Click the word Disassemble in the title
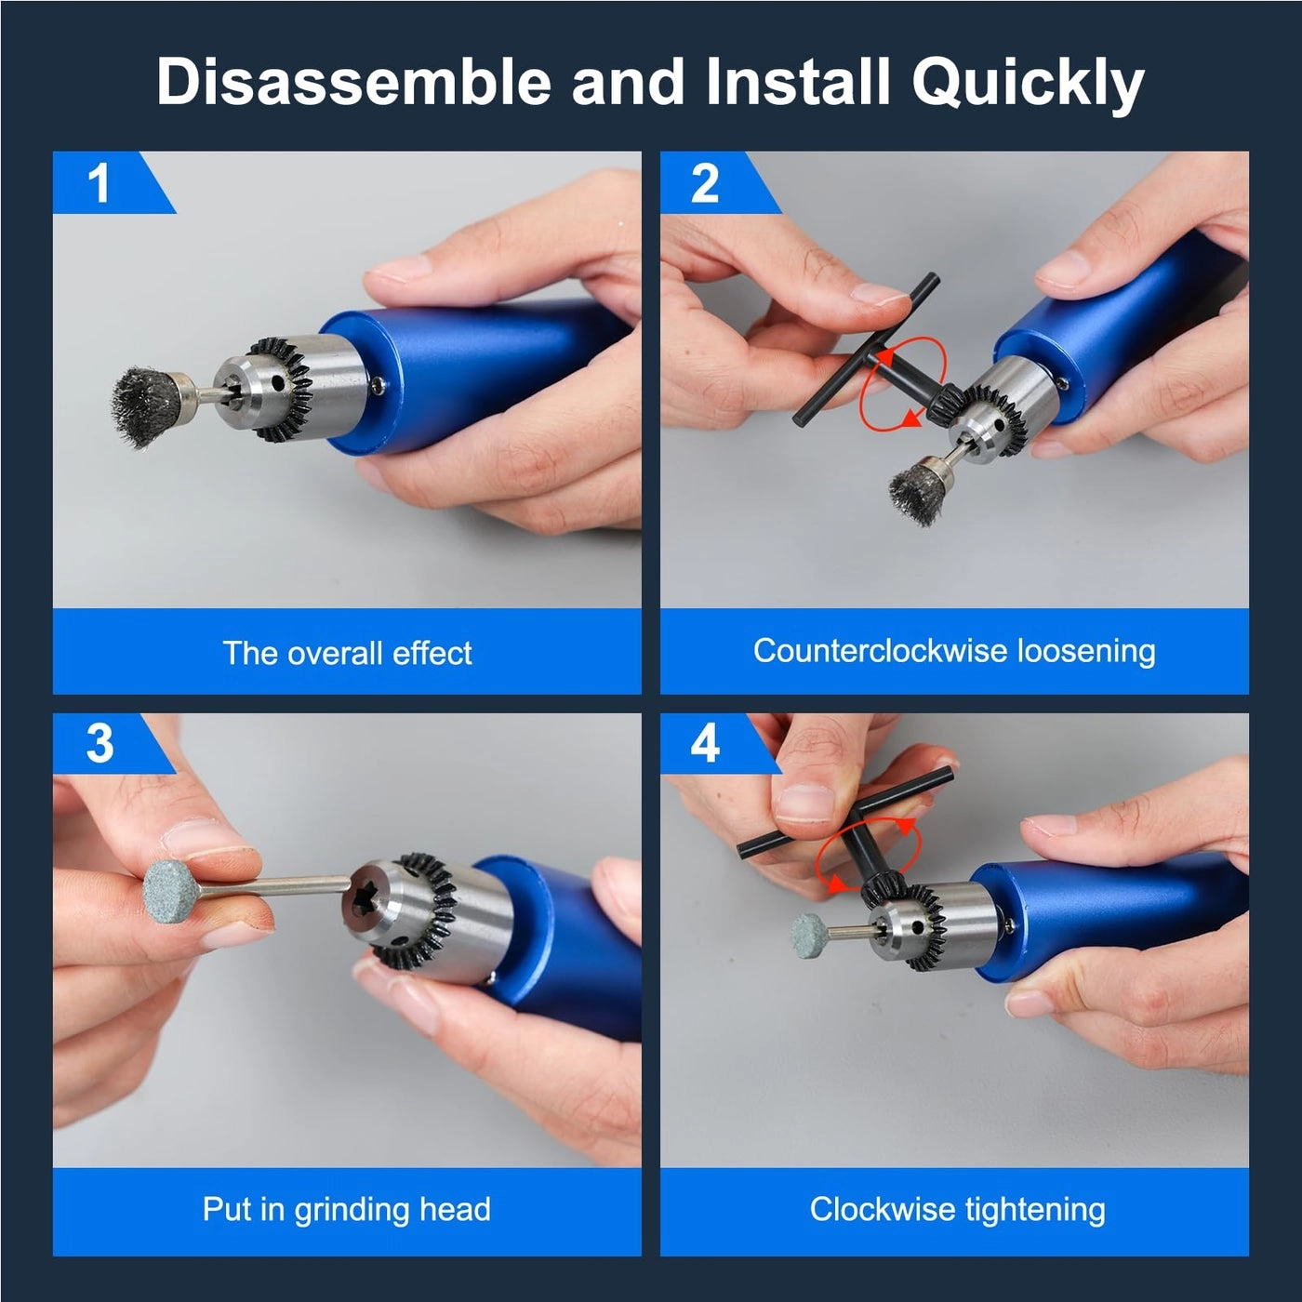coord(354,82)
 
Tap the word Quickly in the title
coord(1027,84)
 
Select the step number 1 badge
coord(100,182)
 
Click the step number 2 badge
coord(705,182)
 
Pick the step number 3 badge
coord(100,743)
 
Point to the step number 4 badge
coord(705,743)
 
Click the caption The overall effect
coord(347,653)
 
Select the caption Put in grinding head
coord(347,1210)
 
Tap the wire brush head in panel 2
coord(917,485)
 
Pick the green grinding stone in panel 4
coord(810,933)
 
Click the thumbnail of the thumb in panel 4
coord(806,802)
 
